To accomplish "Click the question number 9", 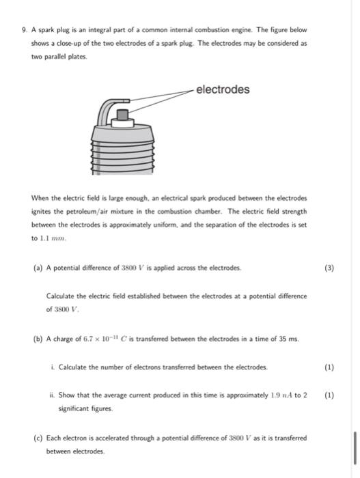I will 25,31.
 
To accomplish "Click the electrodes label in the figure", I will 223,89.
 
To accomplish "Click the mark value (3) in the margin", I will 329,268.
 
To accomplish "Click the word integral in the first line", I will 102,31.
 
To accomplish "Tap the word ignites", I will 43,211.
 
